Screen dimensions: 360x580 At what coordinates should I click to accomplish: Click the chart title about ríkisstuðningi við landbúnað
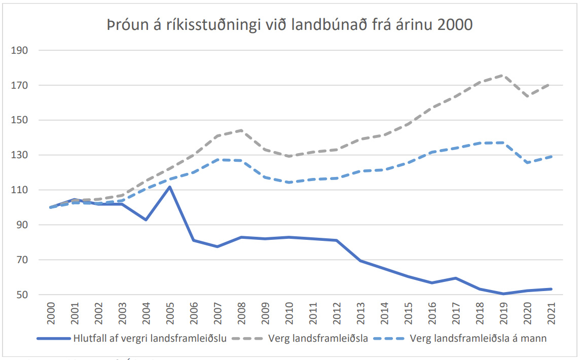click(x=289, y=25)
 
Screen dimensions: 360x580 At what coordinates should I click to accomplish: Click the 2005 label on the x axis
click(x=170, y=316)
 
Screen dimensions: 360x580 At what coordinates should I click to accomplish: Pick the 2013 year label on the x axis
click(x=360, y=316)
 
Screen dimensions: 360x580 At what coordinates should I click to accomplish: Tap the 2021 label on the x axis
click(x=551, y=316)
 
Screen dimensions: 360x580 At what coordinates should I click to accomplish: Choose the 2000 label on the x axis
click(x=51, y=316)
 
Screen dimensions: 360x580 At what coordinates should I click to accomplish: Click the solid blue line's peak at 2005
click(x=170, y=187)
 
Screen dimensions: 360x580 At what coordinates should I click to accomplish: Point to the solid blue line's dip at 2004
click(x=146, y=220)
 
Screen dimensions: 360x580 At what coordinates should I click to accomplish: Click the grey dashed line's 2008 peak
click(x=241, y=130)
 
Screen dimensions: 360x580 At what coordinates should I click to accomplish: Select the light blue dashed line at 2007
click(x=217, y=160)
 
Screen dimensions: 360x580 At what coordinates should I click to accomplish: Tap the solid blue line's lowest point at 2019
click(x=503, y=294)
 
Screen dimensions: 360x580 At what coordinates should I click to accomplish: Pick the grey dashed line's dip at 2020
click(x=527, y=96)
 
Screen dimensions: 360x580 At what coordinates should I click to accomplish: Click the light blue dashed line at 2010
click(x=289, y=182)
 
